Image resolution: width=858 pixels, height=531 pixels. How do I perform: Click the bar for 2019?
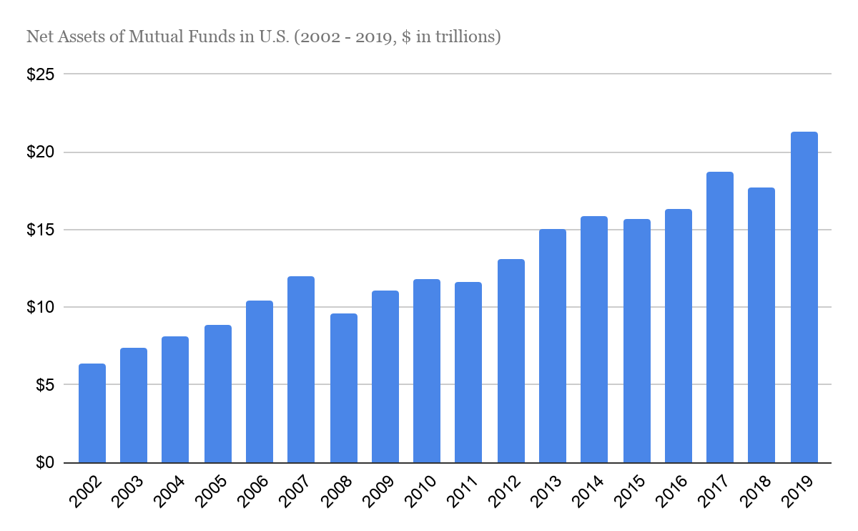[x=804, y=297]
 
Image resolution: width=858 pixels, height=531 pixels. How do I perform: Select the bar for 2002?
[x=92, y=413]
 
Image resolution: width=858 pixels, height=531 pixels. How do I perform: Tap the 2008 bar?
[x=344, y=388]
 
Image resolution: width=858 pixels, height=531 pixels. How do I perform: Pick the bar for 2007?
[x=301, y=369]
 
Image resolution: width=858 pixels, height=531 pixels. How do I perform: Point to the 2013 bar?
[x=553, y=346]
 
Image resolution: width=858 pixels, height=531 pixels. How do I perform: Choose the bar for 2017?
[x=720, y=317]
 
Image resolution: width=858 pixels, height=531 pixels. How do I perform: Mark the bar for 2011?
[x=468, y=372]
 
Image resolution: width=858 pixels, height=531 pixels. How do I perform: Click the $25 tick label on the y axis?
[x=41, y=74]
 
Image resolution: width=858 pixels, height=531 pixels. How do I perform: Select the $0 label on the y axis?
[x=45, y=463]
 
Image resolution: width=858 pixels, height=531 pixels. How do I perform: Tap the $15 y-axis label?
[x=41, y=230]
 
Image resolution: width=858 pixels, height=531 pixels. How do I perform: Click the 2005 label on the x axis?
[x=213, y=492]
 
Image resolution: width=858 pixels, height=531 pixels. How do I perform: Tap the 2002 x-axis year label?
[x=87, y=492]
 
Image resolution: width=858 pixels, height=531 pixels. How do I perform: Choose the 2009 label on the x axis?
[x=380, y=492]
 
